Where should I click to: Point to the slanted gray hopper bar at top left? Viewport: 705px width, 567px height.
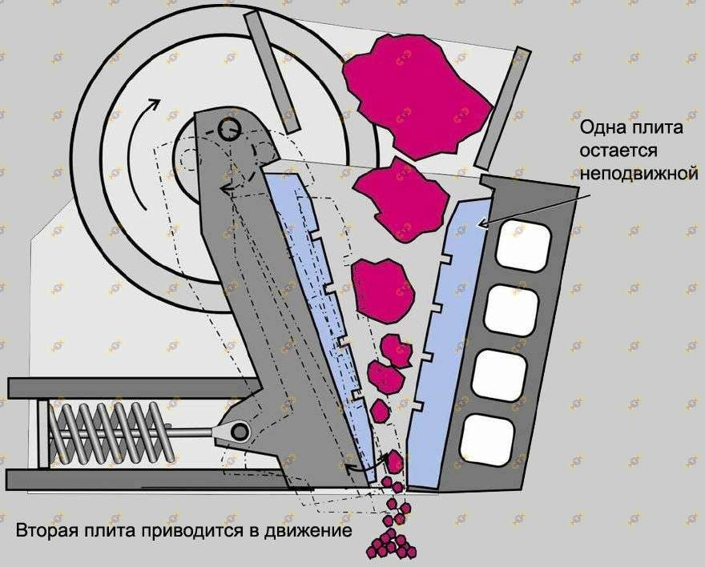(272, 72)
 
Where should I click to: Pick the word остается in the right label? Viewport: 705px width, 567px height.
(622, 151)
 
